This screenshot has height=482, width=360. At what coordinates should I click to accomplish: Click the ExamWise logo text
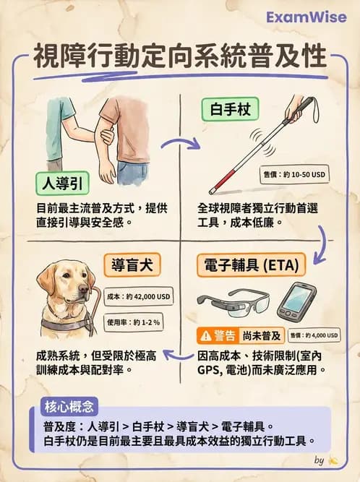click(307, 17)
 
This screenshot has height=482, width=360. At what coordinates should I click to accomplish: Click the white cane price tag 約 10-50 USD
click(293, 176)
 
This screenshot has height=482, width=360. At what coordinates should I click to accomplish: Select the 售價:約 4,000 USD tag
click(315, 335)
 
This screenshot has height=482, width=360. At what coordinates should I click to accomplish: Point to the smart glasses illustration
click(233, 300)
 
